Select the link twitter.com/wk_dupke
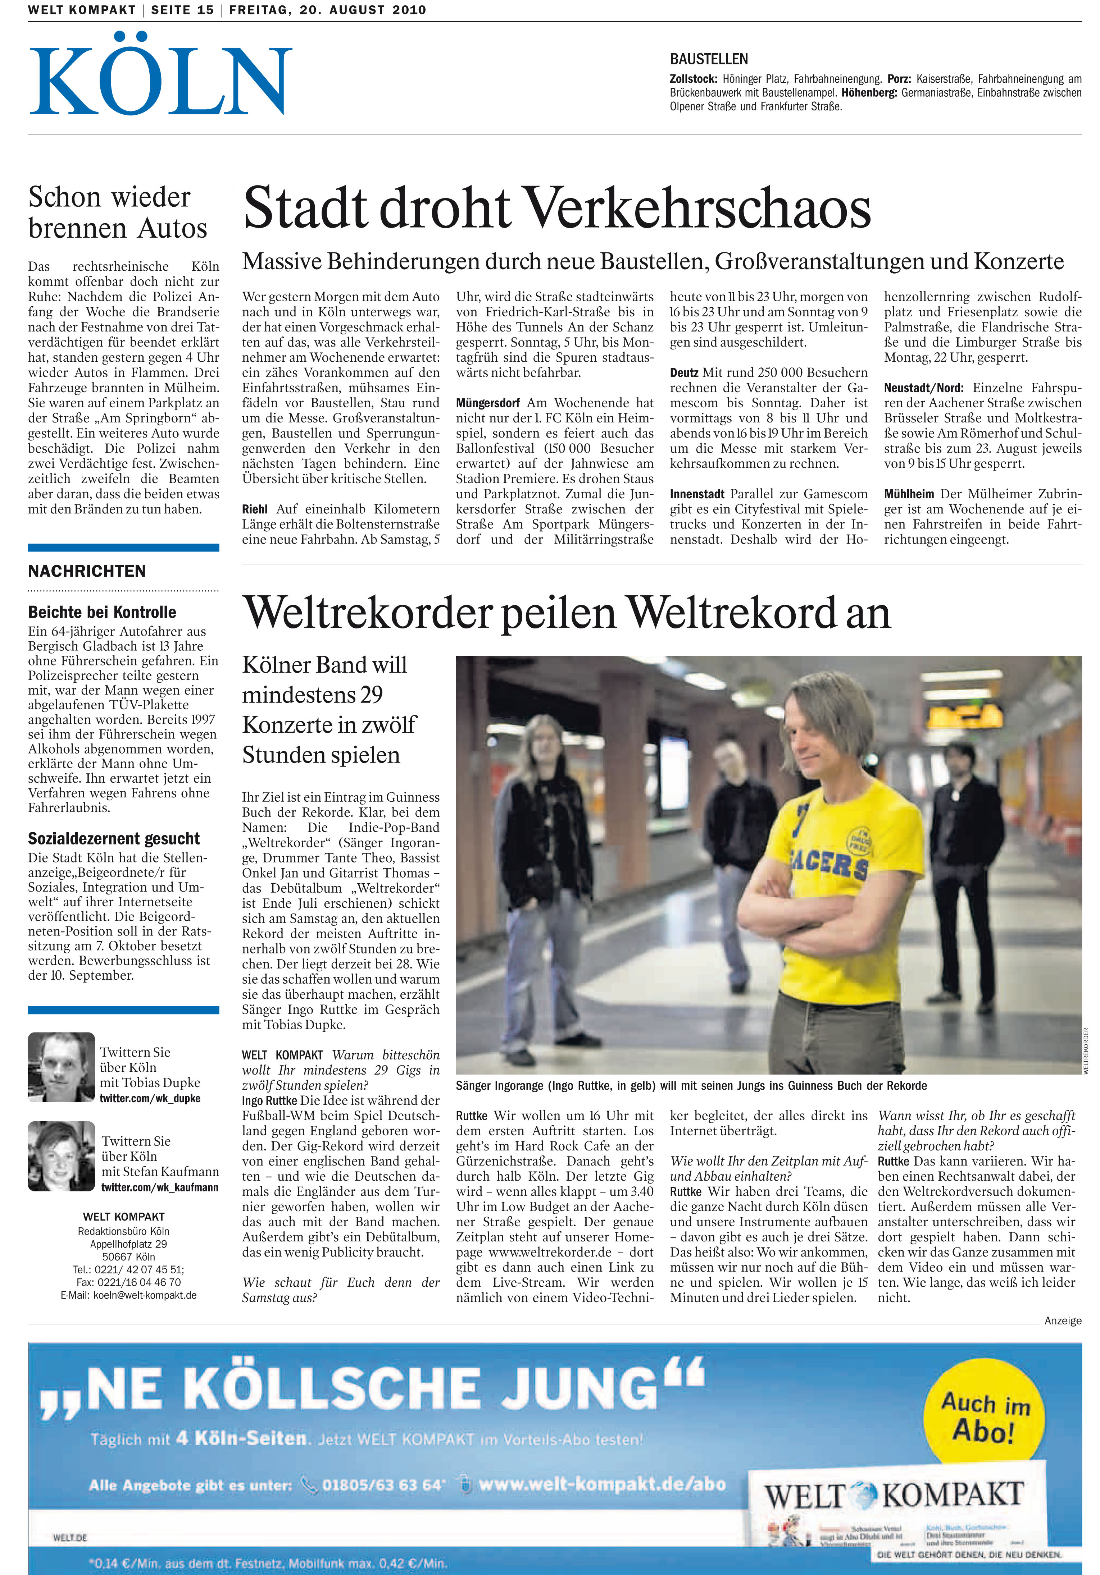point(150,1098)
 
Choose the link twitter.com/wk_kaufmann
point(159,1187)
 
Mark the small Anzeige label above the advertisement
point(1062,1320)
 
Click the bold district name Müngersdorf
point(487,403)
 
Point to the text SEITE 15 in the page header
point(182,10)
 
